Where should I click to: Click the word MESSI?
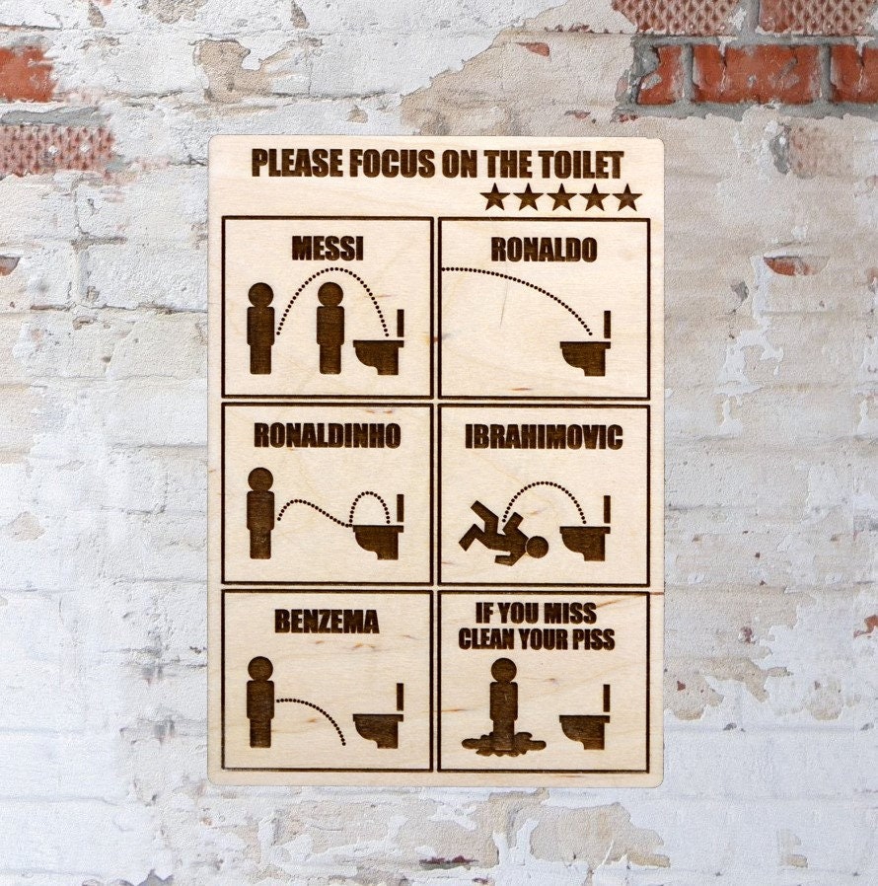[x=327, y=249]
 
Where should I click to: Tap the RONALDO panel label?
[x=544, y=251]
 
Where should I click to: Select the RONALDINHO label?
[x=327, y=435]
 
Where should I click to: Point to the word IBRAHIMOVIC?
[x=544, y=437]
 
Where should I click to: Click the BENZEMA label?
[x=327, y=622]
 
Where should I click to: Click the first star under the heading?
[x=494, y=197]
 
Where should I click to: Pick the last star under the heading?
[x=627, y=197]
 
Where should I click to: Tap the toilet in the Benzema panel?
[x=380, y=725]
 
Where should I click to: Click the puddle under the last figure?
[x=503, y=743]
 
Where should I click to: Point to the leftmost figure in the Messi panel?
[x=260, y=329]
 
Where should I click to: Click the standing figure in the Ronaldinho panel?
[x=260, y=513]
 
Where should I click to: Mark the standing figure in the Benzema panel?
[x=260, y=701]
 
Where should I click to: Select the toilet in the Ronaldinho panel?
[x=380, y=539]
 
